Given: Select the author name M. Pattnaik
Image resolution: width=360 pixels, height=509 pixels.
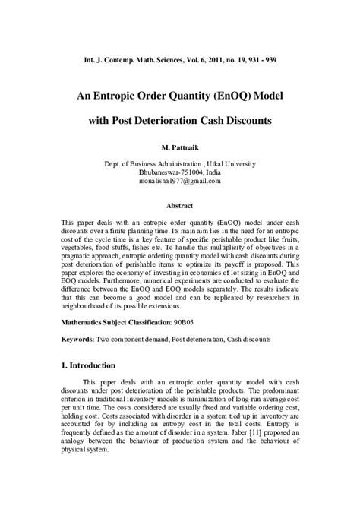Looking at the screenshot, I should (180, 145).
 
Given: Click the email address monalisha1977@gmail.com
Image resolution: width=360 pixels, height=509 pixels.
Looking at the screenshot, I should (180, 182).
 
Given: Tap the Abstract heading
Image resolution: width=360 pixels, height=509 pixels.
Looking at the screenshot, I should (180, 206).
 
